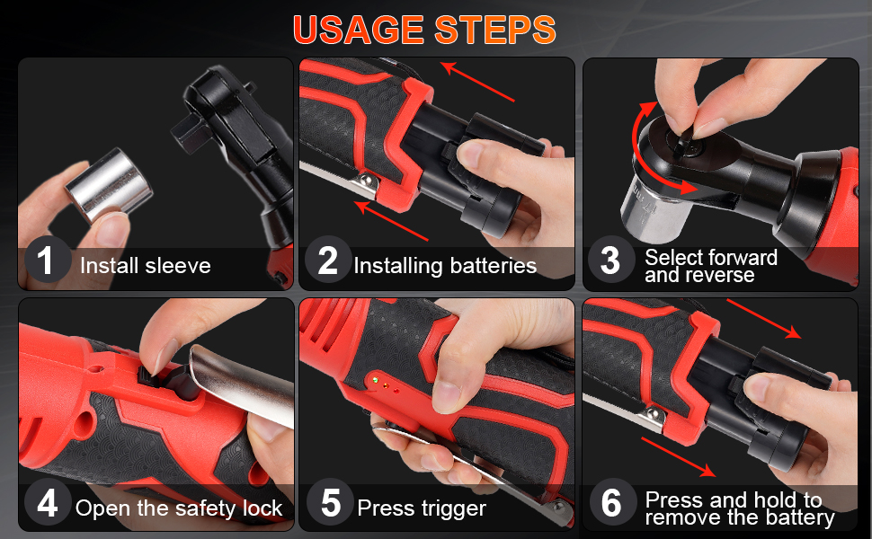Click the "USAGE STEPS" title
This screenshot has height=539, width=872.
424,30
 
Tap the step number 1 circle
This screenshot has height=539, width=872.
46,261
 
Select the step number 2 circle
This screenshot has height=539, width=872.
328,261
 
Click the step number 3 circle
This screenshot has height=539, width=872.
610,261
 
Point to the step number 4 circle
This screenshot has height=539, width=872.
46,504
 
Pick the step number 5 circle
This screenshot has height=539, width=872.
330,504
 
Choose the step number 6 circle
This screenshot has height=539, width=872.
611,504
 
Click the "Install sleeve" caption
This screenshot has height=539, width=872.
145,266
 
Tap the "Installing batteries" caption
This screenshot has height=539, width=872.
445,266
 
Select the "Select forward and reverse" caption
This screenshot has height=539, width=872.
710,267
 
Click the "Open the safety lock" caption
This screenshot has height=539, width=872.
179,508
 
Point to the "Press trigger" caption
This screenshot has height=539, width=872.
421,508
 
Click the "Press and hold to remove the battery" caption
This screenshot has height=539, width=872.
734,508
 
